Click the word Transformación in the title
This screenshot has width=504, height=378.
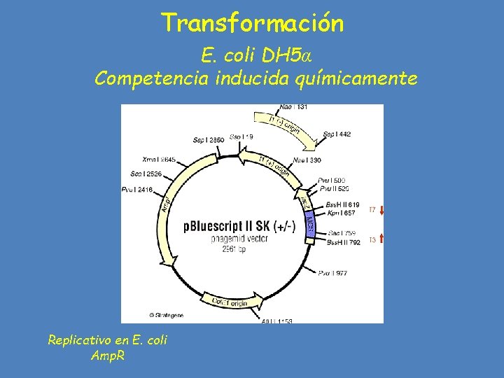(x=253, y=23)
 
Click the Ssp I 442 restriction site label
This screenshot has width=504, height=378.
(x=337, y=134)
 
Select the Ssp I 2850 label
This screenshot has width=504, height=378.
(x=209, y=140)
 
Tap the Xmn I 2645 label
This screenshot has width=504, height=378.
(x=159, y=160)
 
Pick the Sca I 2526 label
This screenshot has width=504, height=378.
(x=147, y=174)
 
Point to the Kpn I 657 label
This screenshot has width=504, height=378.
(x=342, y=212)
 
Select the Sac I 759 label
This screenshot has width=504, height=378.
(x=342, y=233)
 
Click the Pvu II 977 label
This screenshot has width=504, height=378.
(x=332, y=273)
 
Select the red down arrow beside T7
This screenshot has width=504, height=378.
(x=381, y=209)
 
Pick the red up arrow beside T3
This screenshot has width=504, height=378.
(x=381, y=239)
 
